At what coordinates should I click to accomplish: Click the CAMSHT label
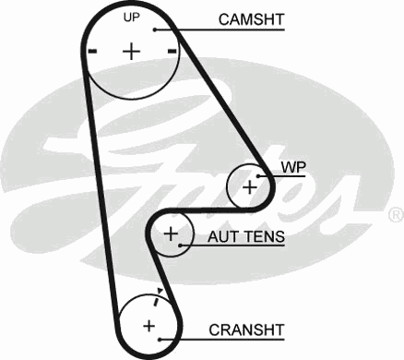[x=250, y=18]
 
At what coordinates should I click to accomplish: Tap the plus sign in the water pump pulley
[x=249, y=186]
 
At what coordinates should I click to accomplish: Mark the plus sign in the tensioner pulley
[x=170, y=235]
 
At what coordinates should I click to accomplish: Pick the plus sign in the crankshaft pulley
[x=148, y=324]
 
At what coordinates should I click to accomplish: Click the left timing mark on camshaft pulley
[x=90, y=51]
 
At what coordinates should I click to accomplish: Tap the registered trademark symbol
[x=395, y=214]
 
